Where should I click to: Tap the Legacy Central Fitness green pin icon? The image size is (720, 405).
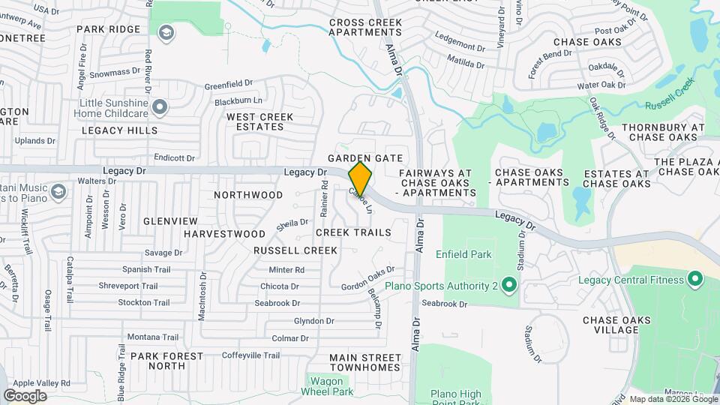[694, 280]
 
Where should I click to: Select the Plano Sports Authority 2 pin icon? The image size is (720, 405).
[509, 286]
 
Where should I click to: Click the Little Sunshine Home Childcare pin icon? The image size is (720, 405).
[159, 108]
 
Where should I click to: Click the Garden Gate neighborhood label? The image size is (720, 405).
[365, 158]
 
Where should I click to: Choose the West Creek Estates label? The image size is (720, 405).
[260, 121]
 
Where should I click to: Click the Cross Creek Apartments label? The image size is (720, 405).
[366, 28]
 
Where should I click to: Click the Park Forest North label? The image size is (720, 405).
[166, 361]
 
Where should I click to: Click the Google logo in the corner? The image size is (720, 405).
[25, 396]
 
